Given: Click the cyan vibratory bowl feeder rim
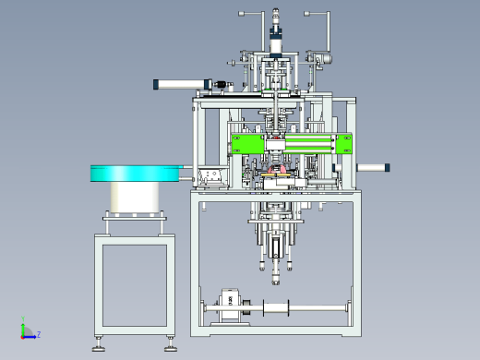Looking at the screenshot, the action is [135, 174].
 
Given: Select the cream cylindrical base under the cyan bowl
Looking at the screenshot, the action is [135, 198].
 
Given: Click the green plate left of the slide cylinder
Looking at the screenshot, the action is [247, 143].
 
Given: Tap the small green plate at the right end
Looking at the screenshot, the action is [344, 144].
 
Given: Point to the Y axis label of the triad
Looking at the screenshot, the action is [23, 318].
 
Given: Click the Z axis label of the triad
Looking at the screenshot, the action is [39, 334].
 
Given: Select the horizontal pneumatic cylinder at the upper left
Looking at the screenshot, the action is [183, 84].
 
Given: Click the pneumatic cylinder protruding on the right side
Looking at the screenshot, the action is [373, 168].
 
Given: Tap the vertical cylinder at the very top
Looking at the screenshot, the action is [276, 34].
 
